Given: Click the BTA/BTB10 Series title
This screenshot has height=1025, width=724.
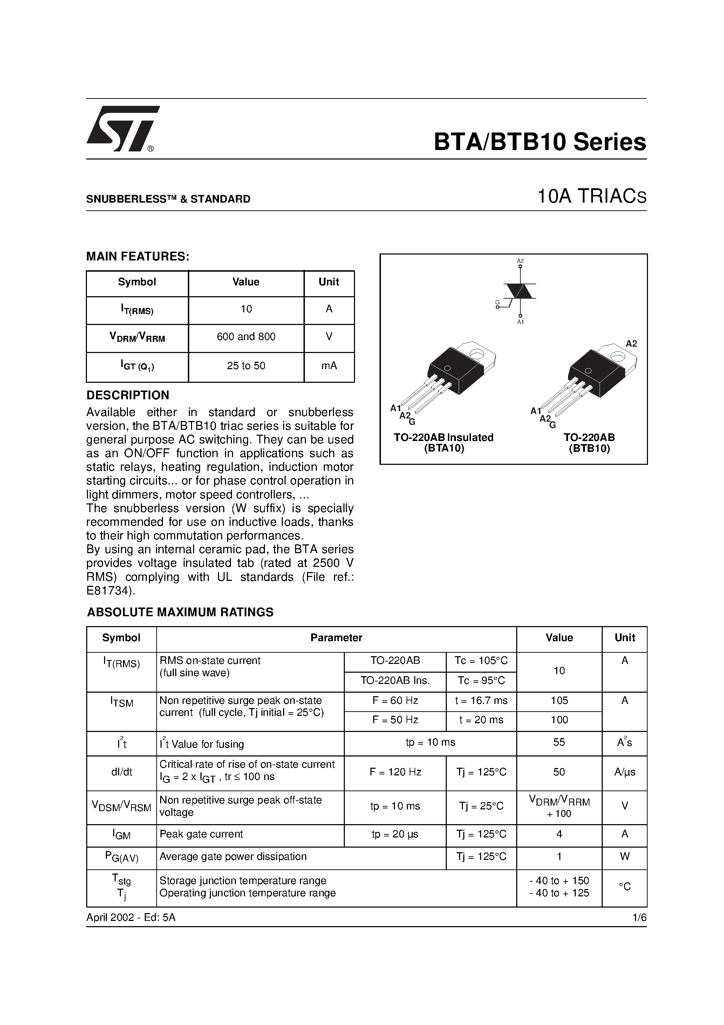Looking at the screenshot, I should point(540,142).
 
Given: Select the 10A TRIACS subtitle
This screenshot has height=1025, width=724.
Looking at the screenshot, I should point(592,197).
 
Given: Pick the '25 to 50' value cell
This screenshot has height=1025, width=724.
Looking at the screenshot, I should point(246,366).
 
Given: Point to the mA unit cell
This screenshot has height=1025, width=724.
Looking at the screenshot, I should point(329,366).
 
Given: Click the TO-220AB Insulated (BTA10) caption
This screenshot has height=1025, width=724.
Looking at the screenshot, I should point(444,443).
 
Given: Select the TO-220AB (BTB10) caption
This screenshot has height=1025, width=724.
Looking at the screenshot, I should point(589,443).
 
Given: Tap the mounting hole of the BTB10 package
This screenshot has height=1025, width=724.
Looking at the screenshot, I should point(617,356).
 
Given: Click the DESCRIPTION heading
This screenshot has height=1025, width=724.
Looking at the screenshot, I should point(128,395).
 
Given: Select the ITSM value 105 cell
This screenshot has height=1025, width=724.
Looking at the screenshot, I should point(559,701).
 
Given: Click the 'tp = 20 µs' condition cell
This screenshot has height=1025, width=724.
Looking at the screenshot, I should point(395,834).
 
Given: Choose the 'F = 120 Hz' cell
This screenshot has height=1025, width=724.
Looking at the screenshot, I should point(395,772).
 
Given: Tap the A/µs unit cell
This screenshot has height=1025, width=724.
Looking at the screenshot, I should point(624,772).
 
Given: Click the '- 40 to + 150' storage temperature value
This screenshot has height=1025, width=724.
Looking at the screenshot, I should point(559,881).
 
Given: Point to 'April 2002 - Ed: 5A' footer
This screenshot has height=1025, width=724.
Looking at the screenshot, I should point(131,917).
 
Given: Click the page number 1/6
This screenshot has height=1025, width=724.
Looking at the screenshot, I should point(639,917).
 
